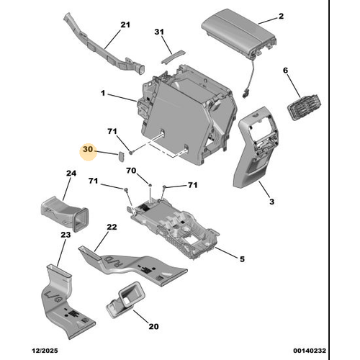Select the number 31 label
[x=159, y=32]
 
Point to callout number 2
[x=282, y=16]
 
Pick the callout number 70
[x=131, y=171]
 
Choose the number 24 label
[x=71, y=174]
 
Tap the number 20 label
[x=153, y=326]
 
